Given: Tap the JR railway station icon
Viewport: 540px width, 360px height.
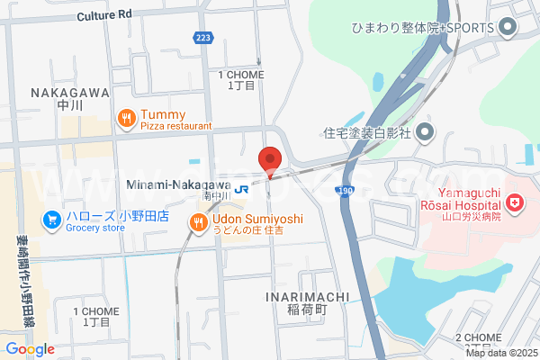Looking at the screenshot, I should (x=240, y=189).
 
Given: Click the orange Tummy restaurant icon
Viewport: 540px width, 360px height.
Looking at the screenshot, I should (x=126, y=117).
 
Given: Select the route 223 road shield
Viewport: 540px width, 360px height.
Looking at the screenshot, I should (x=203, y=37).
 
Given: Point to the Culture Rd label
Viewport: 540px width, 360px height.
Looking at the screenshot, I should (x=103, y=15).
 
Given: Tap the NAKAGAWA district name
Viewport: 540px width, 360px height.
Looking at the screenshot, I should (x=69, y=93).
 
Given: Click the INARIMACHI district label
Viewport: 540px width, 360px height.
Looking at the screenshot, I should (x=301, y=295).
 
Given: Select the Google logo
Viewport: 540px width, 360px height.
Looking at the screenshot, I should (x=30, y=348).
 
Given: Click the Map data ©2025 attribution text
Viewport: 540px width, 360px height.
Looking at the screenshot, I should (x=500, y=352).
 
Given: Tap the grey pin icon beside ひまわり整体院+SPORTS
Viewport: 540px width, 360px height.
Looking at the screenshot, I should (x=507, y=27).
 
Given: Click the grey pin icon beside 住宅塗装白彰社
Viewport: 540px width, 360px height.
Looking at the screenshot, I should (x=426, y=132).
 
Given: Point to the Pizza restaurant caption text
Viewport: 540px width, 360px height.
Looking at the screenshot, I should (x=176, y=128).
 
